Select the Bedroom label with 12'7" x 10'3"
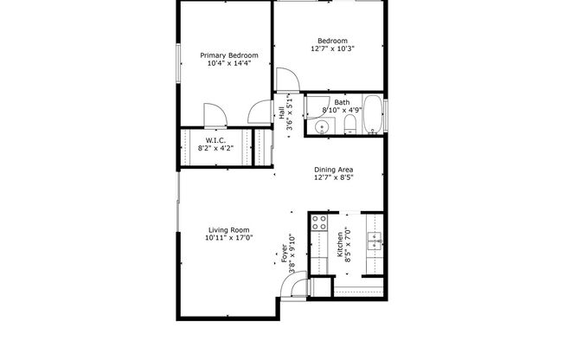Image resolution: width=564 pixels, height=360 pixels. pyautogui.click(x=332, y=41)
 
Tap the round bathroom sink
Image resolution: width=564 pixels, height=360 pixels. pyautogui.click(x=321, y=128)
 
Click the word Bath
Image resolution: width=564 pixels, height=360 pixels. pyautogui.click(x=343, y=103)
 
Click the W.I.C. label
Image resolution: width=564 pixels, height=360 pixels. pyautogui.click(x=216, y=140)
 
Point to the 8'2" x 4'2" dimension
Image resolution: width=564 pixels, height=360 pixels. pyautogui.click(x=216, y=149)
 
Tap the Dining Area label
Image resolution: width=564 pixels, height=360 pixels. pyautogui.click(x=334, y=170)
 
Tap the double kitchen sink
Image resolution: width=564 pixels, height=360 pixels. pyautogui.click(x=375, y=243)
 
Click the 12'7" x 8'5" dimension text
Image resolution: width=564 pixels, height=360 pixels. pyautogui.click(x=334, y=178)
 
